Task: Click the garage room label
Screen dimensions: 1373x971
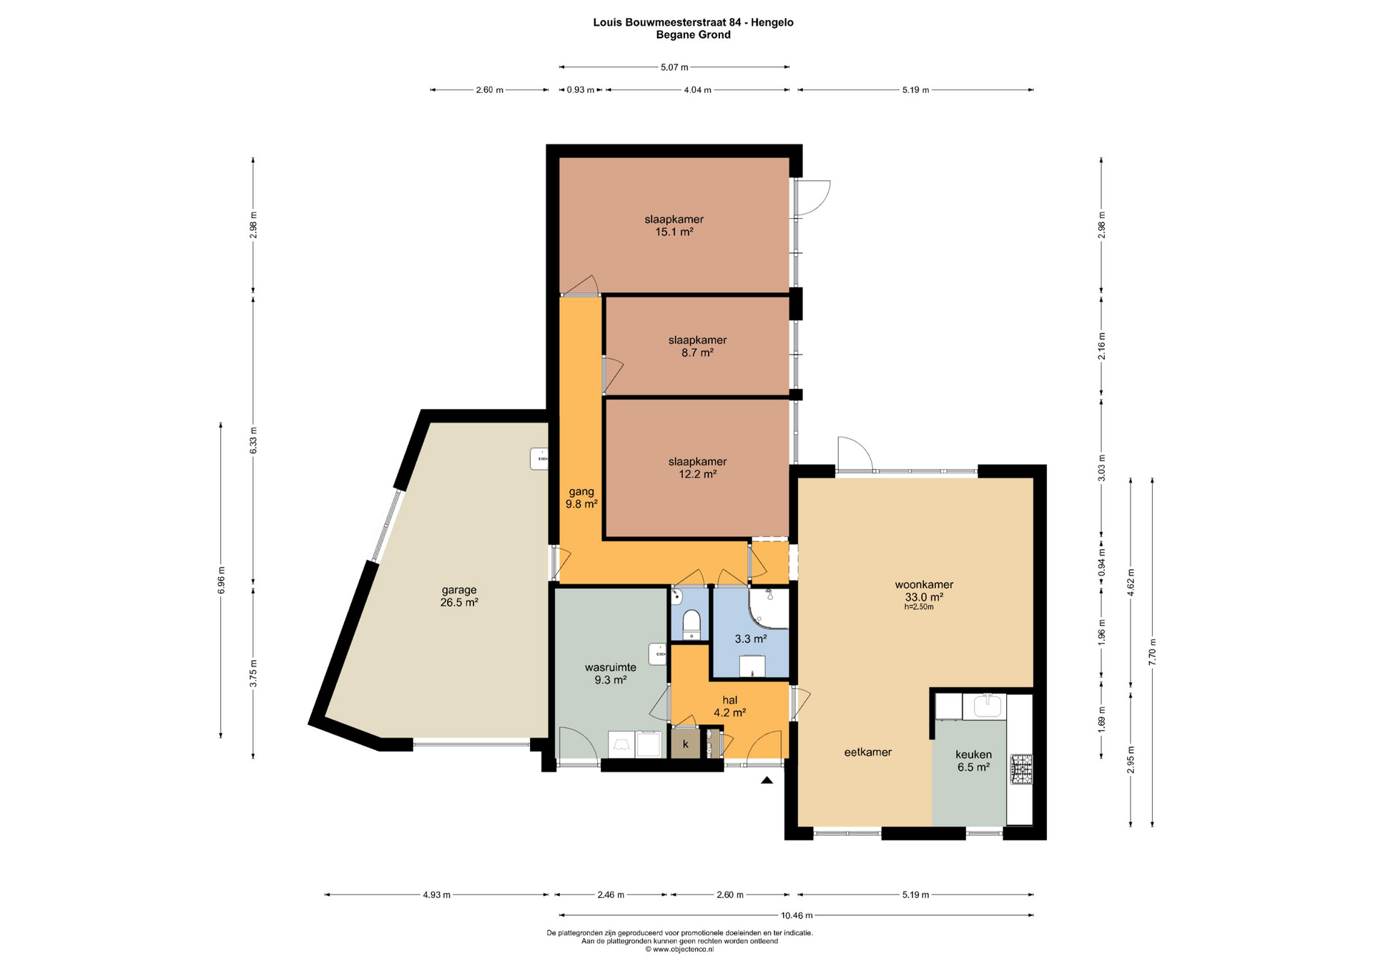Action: tap(459, 596)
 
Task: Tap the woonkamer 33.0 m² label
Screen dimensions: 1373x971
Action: tap(924, 591)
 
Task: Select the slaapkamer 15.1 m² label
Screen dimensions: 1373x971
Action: tap(674, 225)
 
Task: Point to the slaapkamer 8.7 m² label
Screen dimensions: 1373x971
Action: tap(697, 346)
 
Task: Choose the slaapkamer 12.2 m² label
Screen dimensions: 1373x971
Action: tap(697, 468)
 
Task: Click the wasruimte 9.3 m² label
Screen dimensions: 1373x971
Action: tap(611, 674)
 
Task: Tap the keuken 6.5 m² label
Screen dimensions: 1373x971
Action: tap(973, 761)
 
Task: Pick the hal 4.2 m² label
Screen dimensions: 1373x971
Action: tap(729, 706)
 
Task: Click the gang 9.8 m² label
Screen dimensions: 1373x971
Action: tap(581, 498)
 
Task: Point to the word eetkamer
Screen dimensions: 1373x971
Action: tap(867, 752)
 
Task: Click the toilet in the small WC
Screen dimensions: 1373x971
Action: tap(692, 624)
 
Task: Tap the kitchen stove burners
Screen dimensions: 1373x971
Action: tap(1020, 769)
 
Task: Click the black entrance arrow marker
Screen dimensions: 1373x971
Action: tap(767, 780)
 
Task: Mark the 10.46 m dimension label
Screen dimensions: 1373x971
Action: tap(797, 915)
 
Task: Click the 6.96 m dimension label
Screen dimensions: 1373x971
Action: tap(221, 580)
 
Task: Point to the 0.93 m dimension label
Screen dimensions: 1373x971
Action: tap(581, 90)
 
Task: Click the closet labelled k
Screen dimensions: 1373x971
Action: tap(685, 744)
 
